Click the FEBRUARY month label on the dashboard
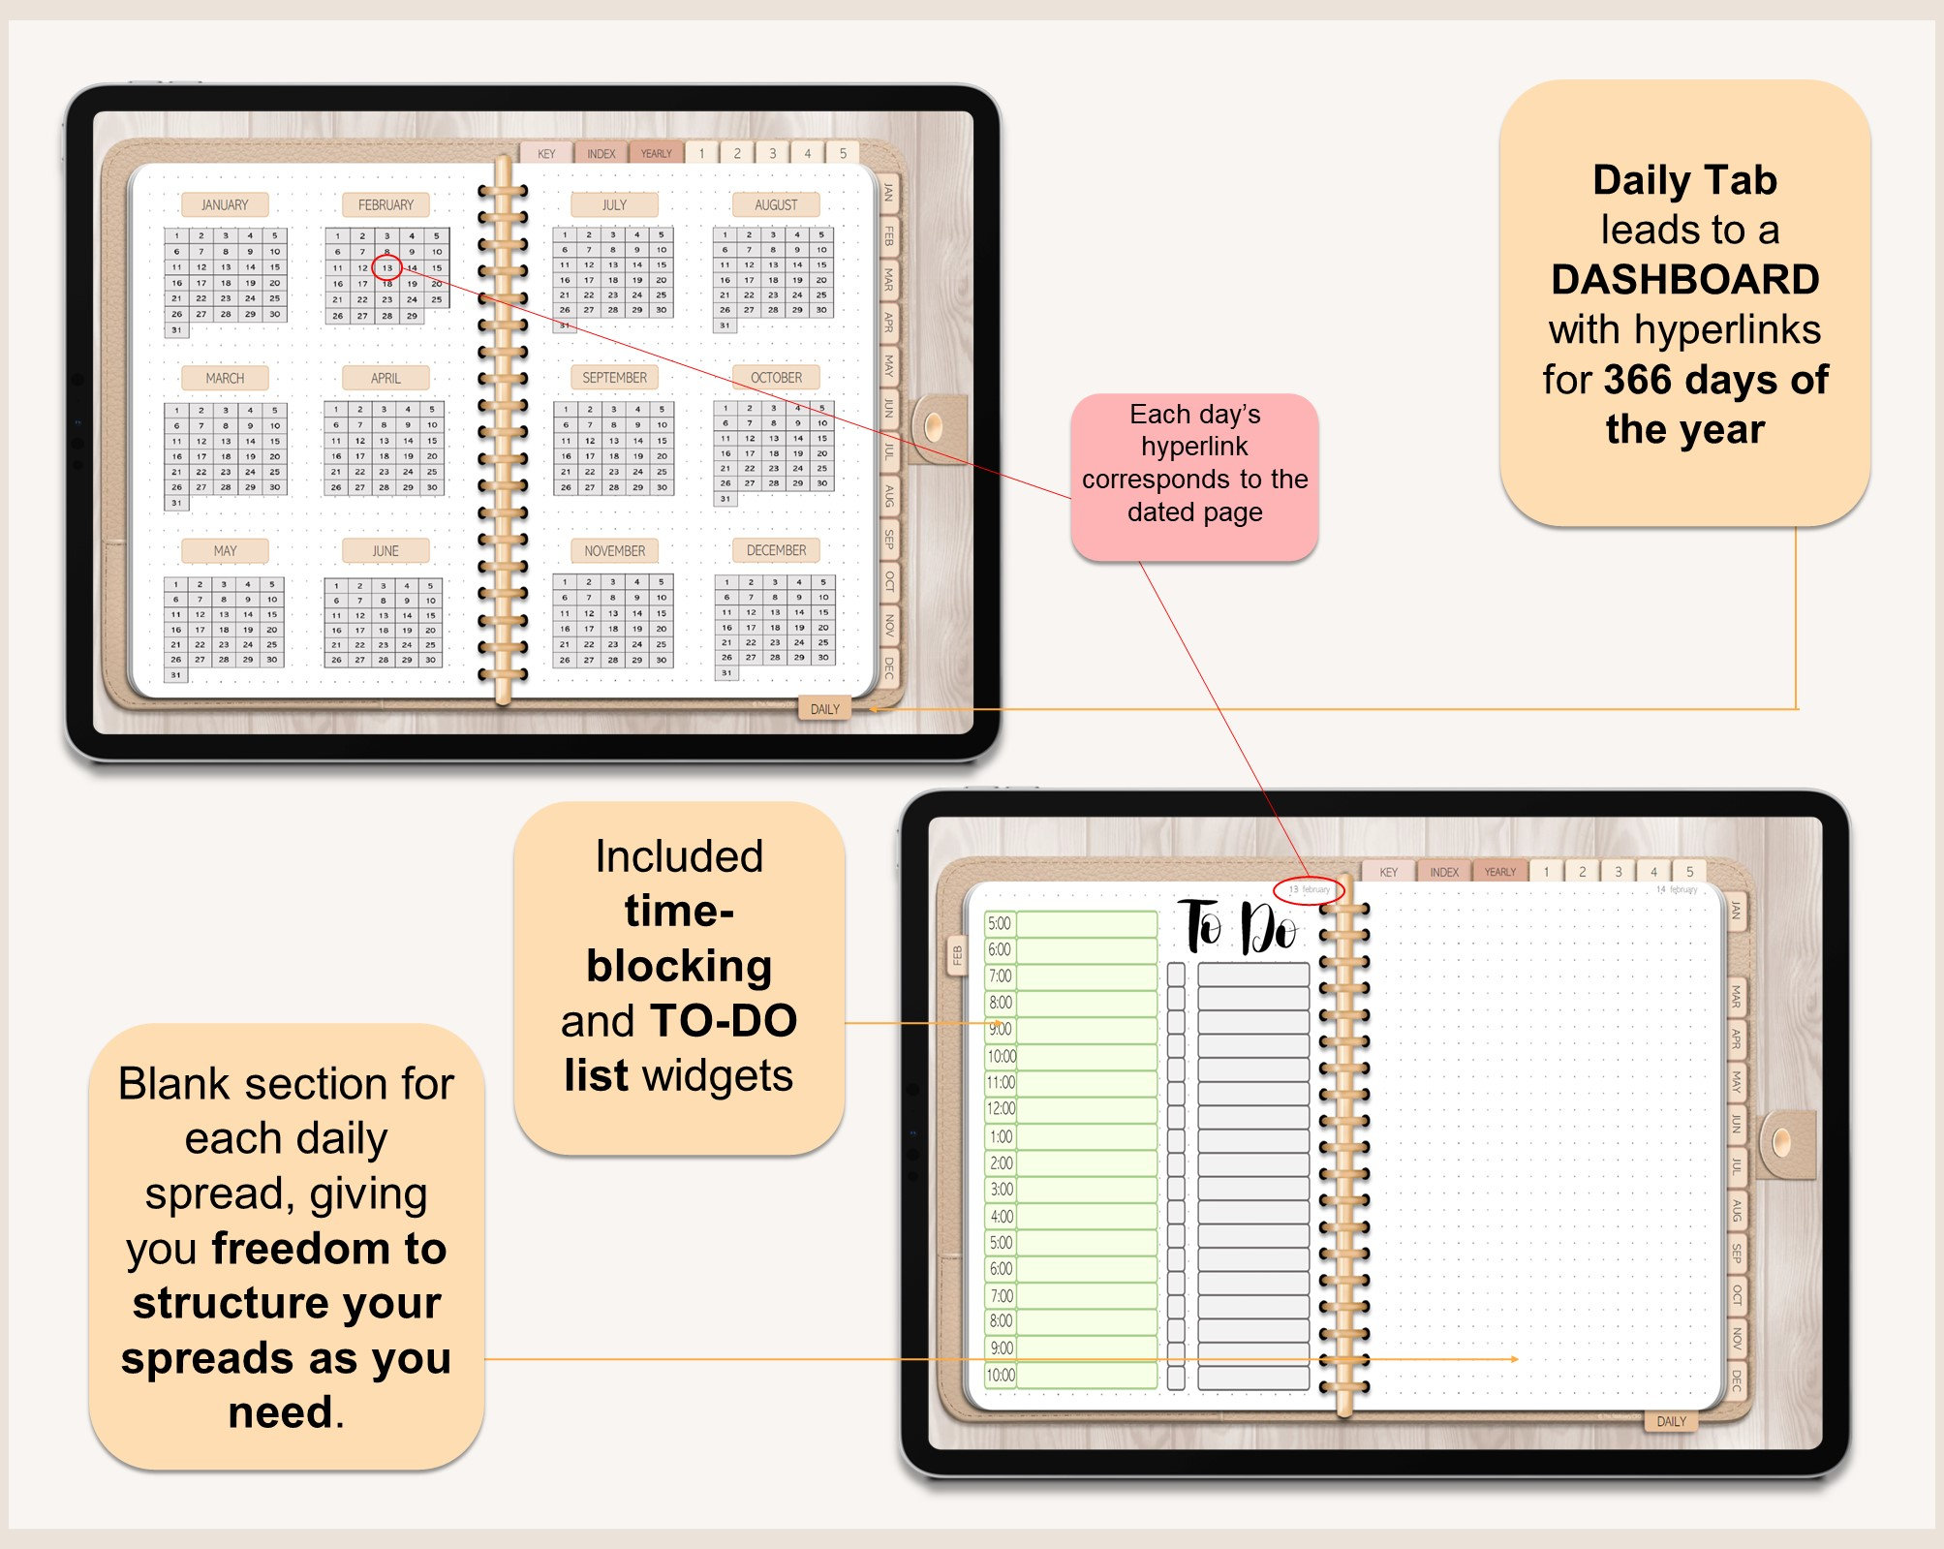tap(386, 204)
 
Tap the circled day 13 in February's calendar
tap(386, 267)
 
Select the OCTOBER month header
tap(776, 378)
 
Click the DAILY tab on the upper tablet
tap(824, 709)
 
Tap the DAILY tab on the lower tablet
tap(1671, 1421)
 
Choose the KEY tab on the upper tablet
tap(546, 153)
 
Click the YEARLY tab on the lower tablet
tap(1499, 872)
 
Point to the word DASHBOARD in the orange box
tap(1684, 280)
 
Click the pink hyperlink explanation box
tap(1194, 476)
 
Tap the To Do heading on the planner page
tap(1237, 927)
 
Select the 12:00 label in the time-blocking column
tap(1001, 1108)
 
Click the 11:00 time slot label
tap(1001, 1082)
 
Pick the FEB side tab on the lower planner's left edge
tap(957, 955)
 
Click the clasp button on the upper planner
tap(934, 426)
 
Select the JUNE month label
tap(386, 550)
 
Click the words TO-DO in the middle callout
tap(724, 1021)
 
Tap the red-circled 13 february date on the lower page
tap(1310, 889)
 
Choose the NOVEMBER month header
tap(614, 550)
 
